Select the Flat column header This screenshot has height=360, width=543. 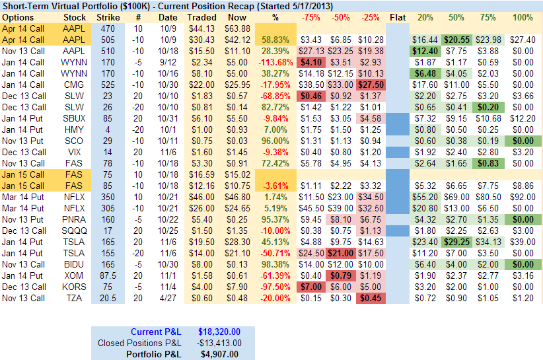tap(398, 17)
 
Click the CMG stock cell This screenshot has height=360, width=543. tap(75, 85)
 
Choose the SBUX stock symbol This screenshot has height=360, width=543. tap(75, 118)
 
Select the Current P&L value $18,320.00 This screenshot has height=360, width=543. tap(219, 331)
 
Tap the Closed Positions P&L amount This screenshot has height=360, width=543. tap(219, 342)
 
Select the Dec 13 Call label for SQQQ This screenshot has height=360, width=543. tap(24, 231)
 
